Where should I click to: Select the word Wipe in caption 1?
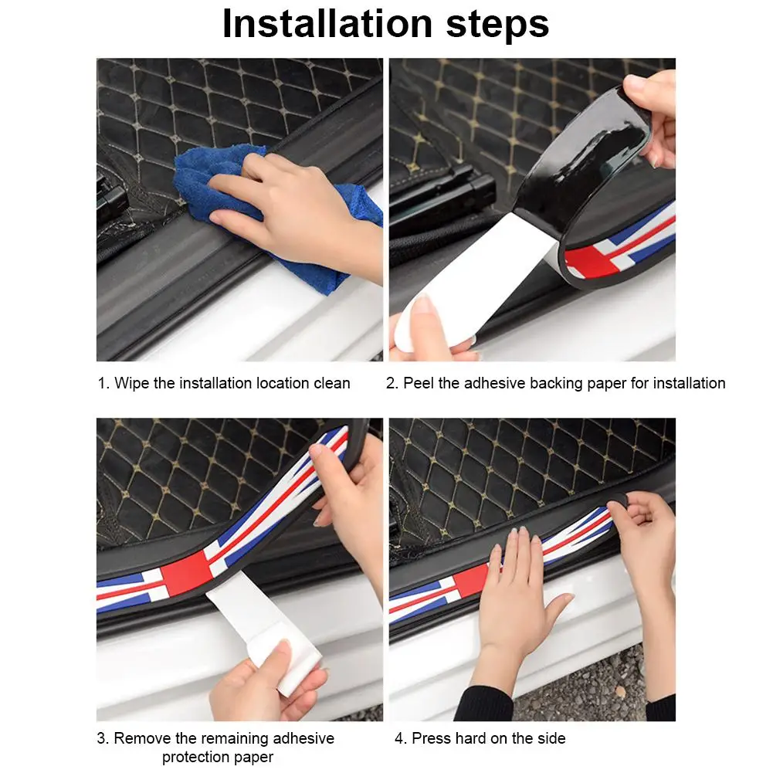131,383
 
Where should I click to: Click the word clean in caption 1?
332,383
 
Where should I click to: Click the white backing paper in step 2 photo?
473,281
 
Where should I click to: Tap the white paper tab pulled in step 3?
266,631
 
